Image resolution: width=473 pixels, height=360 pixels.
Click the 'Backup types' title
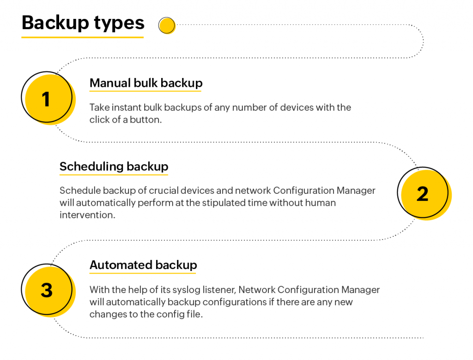pyautogui.click(x=83, y=24)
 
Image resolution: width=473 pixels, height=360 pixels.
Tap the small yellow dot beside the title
pyautogui.click(x=167, y=25)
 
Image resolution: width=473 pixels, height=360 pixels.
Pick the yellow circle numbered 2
pyautogui.click(x=424, y=193)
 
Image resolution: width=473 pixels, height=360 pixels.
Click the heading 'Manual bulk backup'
pyautogui.click(x=146, y=83)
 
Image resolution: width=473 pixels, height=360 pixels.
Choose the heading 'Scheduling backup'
pyautogui.click(x=114, y=167)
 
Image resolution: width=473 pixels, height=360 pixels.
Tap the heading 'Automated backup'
pyautogui.click(x=143, y=265)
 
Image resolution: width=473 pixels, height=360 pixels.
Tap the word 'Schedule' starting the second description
pyautogui.click(x=80, y=191)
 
